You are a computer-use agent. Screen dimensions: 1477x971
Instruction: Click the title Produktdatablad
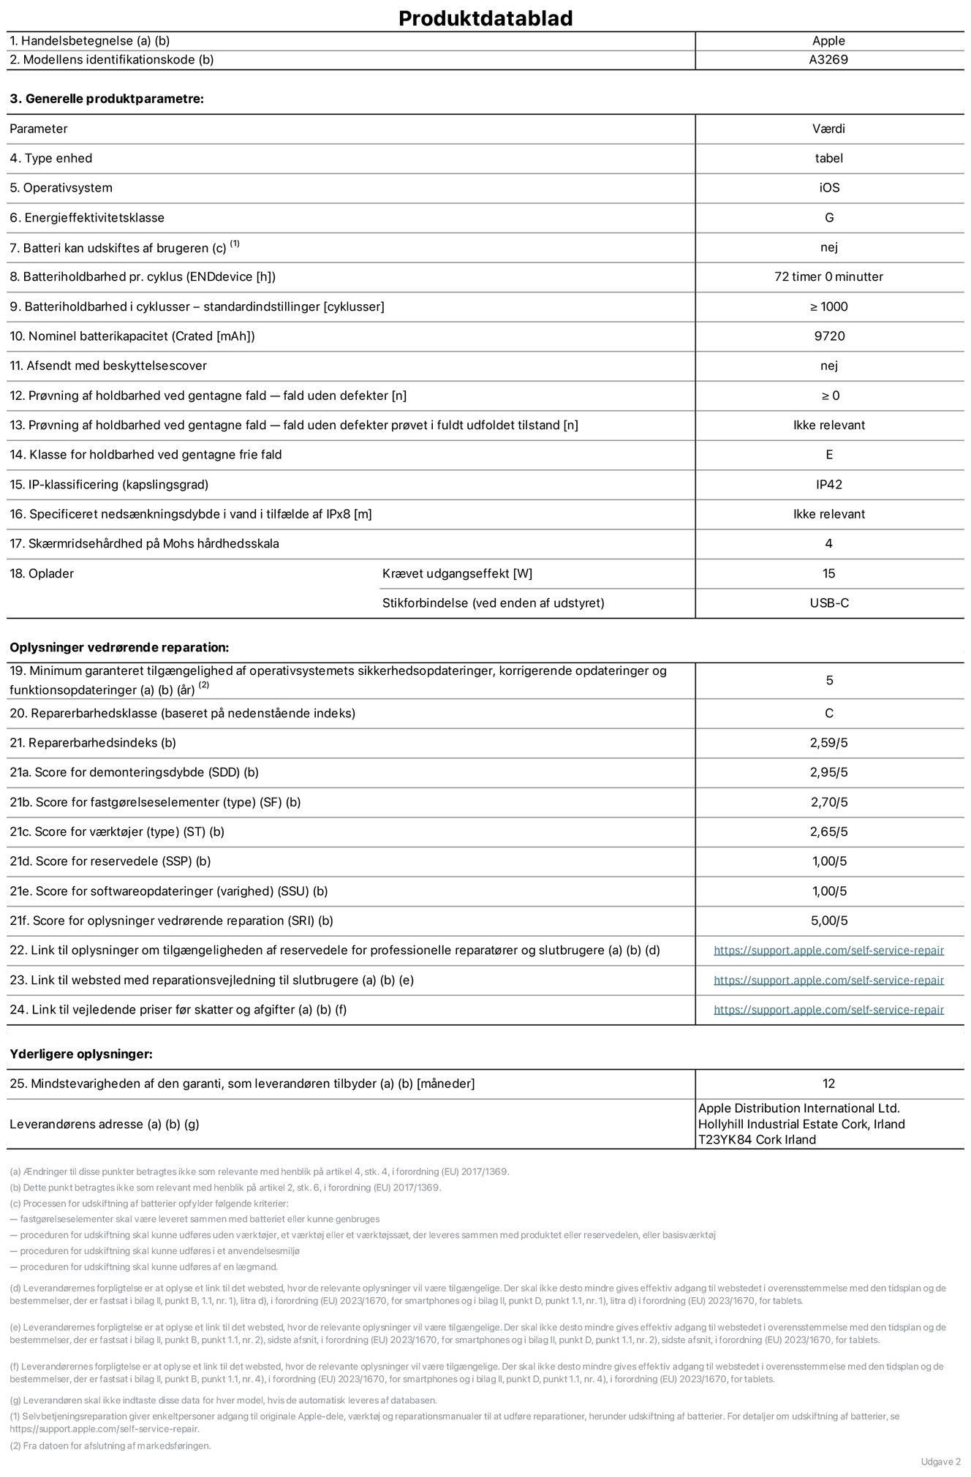point(485,18)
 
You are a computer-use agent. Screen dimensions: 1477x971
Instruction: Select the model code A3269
point(828,60)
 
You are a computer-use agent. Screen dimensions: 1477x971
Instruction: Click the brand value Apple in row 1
point(828,41)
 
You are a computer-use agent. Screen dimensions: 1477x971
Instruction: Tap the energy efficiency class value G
point(828,217)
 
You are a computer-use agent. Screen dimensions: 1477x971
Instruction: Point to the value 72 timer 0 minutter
point(828,276)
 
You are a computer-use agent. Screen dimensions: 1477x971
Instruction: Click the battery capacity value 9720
point(828,336)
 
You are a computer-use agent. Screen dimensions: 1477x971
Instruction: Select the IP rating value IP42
point(828,484)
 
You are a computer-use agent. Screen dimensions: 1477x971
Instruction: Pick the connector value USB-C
point(828,602)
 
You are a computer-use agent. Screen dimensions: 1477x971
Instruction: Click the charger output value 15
point(828,573)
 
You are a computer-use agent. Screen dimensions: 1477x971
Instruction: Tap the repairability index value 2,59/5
point(828,742)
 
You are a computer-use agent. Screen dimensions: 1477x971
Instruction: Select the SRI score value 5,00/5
point(828,921)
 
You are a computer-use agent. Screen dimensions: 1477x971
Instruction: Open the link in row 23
point(828,980)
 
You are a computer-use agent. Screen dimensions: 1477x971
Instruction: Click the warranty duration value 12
point(828,1083)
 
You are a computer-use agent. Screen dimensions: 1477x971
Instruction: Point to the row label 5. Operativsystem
point(61,188)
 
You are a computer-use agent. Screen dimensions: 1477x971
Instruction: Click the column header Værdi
point(828,129)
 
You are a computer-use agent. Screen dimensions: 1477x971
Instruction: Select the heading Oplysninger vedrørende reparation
point(119,647)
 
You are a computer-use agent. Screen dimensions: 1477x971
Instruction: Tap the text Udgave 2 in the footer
point(940,1461)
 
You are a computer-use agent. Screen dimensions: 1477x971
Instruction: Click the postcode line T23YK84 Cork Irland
point(757,1139)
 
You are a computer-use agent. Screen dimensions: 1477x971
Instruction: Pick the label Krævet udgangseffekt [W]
point(457,573)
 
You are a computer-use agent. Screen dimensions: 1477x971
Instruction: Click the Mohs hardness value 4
point(828,543)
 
